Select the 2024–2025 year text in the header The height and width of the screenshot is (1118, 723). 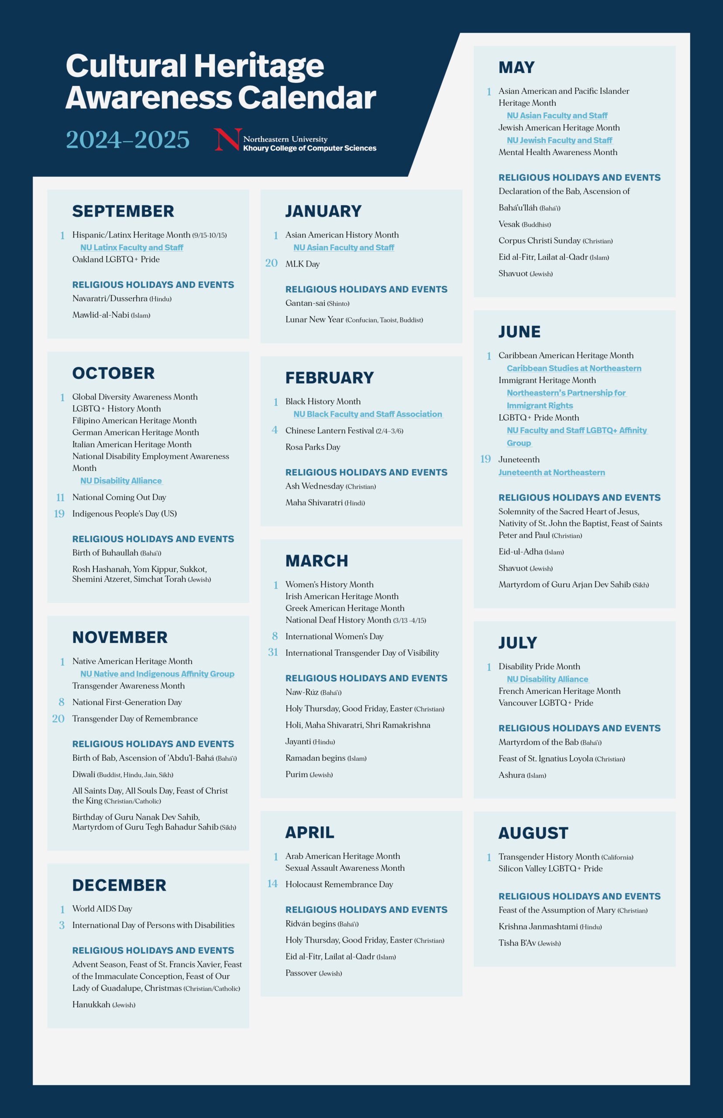coord(127,140)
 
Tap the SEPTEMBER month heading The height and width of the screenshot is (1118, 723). coord(123,211)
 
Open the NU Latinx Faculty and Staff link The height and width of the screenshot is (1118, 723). coord(131,248)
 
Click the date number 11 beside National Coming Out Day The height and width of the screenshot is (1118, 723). coord(60,497)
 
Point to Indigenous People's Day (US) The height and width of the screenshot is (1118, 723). coord(124,514)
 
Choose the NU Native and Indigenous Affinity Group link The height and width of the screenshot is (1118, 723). coord(157,674)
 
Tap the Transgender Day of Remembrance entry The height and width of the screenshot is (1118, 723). coord(135,718)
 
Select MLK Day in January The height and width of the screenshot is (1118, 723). coord(303,264)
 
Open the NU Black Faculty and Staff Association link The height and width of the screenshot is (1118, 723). coord(368,414)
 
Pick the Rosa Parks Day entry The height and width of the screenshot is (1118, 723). coord(313,447)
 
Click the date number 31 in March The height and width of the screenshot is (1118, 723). coord(273,652)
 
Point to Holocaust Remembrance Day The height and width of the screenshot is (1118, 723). coord(339,884)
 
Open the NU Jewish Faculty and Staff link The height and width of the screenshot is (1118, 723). coord(559,140)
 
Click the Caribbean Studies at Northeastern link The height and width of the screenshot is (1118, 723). coord(574,368)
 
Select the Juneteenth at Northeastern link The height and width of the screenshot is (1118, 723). coord(552,473)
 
